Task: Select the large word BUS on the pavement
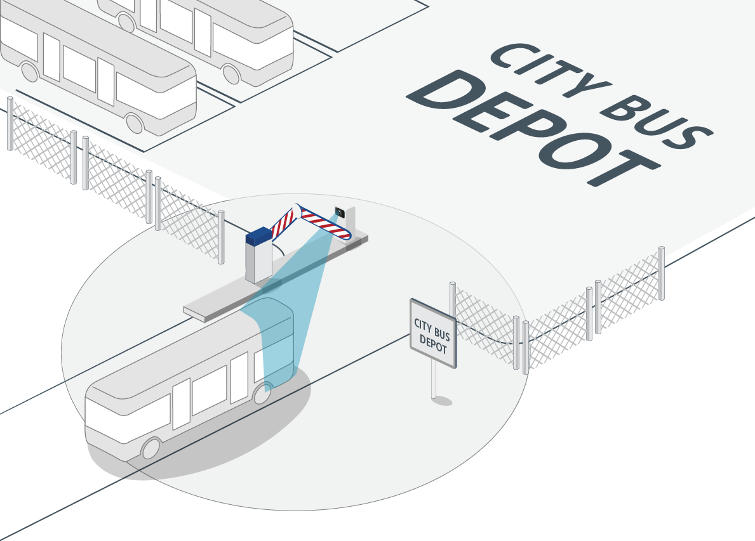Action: (657, 121)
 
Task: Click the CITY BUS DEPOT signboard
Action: (433, 333)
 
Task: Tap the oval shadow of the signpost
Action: (442, 400)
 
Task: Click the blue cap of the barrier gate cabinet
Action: (259, 236)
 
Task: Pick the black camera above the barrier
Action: (340, 212)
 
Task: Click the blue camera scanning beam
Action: (284, 308)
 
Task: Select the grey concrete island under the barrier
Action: (274, 279)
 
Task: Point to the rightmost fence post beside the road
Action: (662, 273)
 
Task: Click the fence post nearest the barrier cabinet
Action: (221, 237)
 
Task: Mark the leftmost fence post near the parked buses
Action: (10, 124)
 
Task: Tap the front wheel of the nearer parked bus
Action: (135, 123)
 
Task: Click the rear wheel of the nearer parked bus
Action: (30, 72)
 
